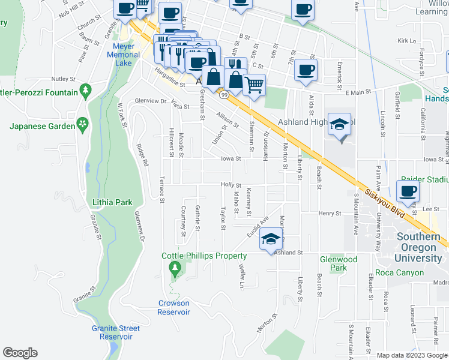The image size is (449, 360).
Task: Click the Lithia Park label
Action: pos(112,202)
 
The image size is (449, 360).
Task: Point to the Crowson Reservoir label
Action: pos(174,308)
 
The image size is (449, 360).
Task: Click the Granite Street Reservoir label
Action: pos(116,332)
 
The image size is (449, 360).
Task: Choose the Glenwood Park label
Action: pos(339,263)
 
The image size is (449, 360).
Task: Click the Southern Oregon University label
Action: pos(419,247)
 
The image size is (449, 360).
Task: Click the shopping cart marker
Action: pos(255,85)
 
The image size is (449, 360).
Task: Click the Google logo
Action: pos(20,353)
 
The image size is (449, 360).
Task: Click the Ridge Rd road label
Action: pos(142,155)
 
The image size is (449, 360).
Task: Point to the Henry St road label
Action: pos(330,213)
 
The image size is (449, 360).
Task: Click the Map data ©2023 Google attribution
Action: pos(412,355)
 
